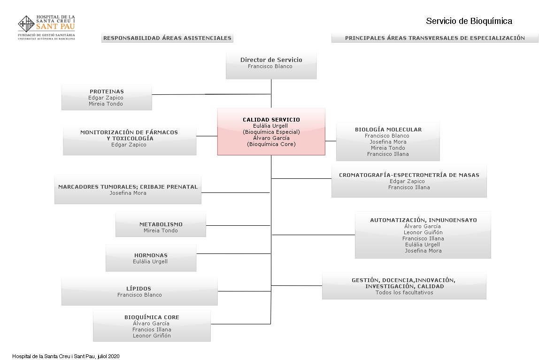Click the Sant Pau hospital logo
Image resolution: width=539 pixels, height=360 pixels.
click(x=46, y=28)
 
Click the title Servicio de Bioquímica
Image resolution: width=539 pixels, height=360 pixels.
click(x=469, y=21)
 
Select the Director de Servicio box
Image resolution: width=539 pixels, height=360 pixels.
click(x=271, y=65)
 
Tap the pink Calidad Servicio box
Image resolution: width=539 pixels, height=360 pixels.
click(x=271, y=132)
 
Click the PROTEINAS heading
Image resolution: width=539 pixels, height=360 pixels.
click(x=107, y=92)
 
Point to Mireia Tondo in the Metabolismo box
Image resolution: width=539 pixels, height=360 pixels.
click(x=161, y=230)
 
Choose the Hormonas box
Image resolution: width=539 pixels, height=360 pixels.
click(x=151, y=258)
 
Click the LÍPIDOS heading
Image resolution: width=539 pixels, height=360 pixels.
click(x=139, y=289)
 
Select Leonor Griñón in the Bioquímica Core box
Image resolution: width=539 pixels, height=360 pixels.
click(x=152, y=336)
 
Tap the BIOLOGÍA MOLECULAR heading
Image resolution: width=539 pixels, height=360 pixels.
click(x=388, y=130)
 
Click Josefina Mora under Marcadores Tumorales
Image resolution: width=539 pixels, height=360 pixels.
click(x=128, y=193)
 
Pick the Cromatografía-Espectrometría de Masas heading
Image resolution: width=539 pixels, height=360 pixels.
click(x=409, y=175)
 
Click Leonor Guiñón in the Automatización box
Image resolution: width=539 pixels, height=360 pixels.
click(x=423, y=232)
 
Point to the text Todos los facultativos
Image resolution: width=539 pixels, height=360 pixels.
click(x=404, y=292)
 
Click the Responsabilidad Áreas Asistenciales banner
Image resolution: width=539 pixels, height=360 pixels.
click(x=167, y=38)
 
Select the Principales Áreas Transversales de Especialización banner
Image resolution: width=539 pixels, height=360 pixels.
click(x=435, y=38)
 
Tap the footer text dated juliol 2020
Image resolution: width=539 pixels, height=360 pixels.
click(x=66, y=356)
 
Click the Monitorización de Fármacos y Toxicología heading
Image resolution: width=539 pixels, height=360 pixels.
click(x=129, y=135)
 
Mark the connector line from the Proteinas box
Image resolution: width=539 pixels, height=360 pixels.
click(x=211, y=94)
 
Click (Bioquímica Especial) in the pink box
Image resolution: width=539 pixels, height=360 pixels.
click(x=271, y=132)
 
